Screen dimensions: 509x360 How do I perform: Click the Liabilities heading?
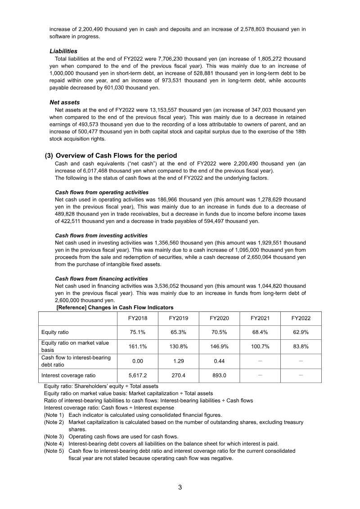[x=63, y=51]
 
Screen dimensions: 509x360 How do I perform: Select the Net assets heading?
[x=64, y=103]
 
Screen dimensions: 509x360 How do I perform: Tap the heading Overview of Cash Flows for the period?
[x=116, y=156]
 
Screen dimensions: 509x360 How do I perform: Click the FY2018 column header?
[x=137, y=318]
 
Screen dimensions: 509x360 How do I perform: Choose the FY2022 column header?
[x=301, y=318]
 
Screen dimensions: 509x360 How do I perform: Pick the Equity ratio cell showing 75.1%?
[x=137, y=332]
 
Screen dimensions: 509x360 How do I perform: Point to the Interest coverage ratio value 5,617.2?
[x=137, y=375]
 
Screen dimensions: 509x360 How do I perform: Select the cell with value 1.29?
[x=178, y=361]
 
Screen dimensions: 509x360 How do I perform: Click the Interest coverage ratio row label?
[x=68, y=375]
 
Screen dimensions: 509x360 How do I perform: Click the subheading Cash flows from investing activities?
[x=101, y=235]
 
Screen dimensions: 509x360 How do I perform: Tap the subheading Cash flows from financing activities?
[x=101, y=279]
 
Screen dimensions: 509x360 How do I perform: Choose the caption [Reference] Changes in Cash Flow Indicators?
[x=115, y=307]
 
